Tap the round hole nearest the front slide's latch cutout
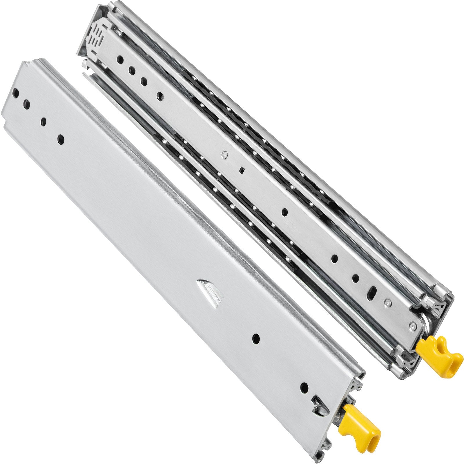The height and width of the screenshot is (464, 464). pos(304,387)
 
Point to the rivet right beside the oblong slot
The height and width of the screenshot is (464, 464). pos(388,303)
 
